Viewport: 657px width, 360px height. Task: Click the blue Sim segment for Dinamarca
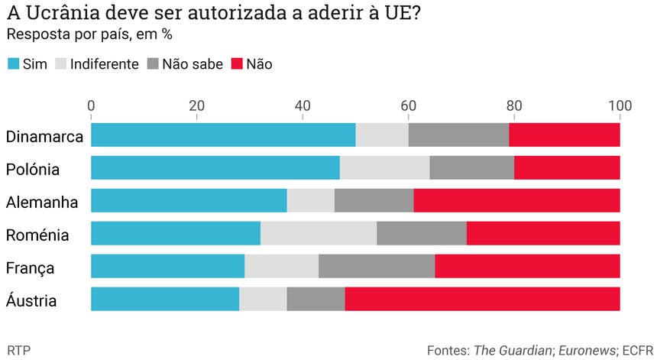[x=223, y=135]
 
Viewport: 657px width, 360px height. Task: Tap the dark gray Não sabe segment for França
[x=377, y=266]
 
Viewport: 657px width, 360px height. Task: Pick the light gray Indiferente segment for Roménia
[x=319, y=233]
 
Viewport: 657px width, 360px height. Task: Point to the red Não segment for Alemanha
[x=516, y=200]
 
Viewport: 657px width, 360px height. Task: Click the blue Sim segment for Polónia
[x=215, y=167]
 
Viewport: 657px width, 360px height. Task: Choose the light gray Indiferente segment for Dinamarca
[x=382, y=135]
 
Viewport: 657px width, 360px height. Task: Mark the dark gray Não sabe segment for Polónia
[x=472, y=167]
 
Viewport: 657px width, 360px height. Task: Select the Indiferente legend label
[x=104, y=64]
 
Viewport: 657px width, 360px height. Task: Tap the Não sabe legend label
[x=192, y=64]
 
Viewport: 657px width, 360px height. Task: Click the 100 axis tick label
[x=619, y=105]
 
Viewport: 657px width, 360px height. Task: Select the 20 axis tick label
[x=196, y=105]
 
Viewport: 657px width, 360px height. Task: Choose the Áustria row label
[x=31, y=301]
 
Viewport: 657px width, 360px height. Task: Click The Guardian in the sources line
[x=513, y=350]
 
